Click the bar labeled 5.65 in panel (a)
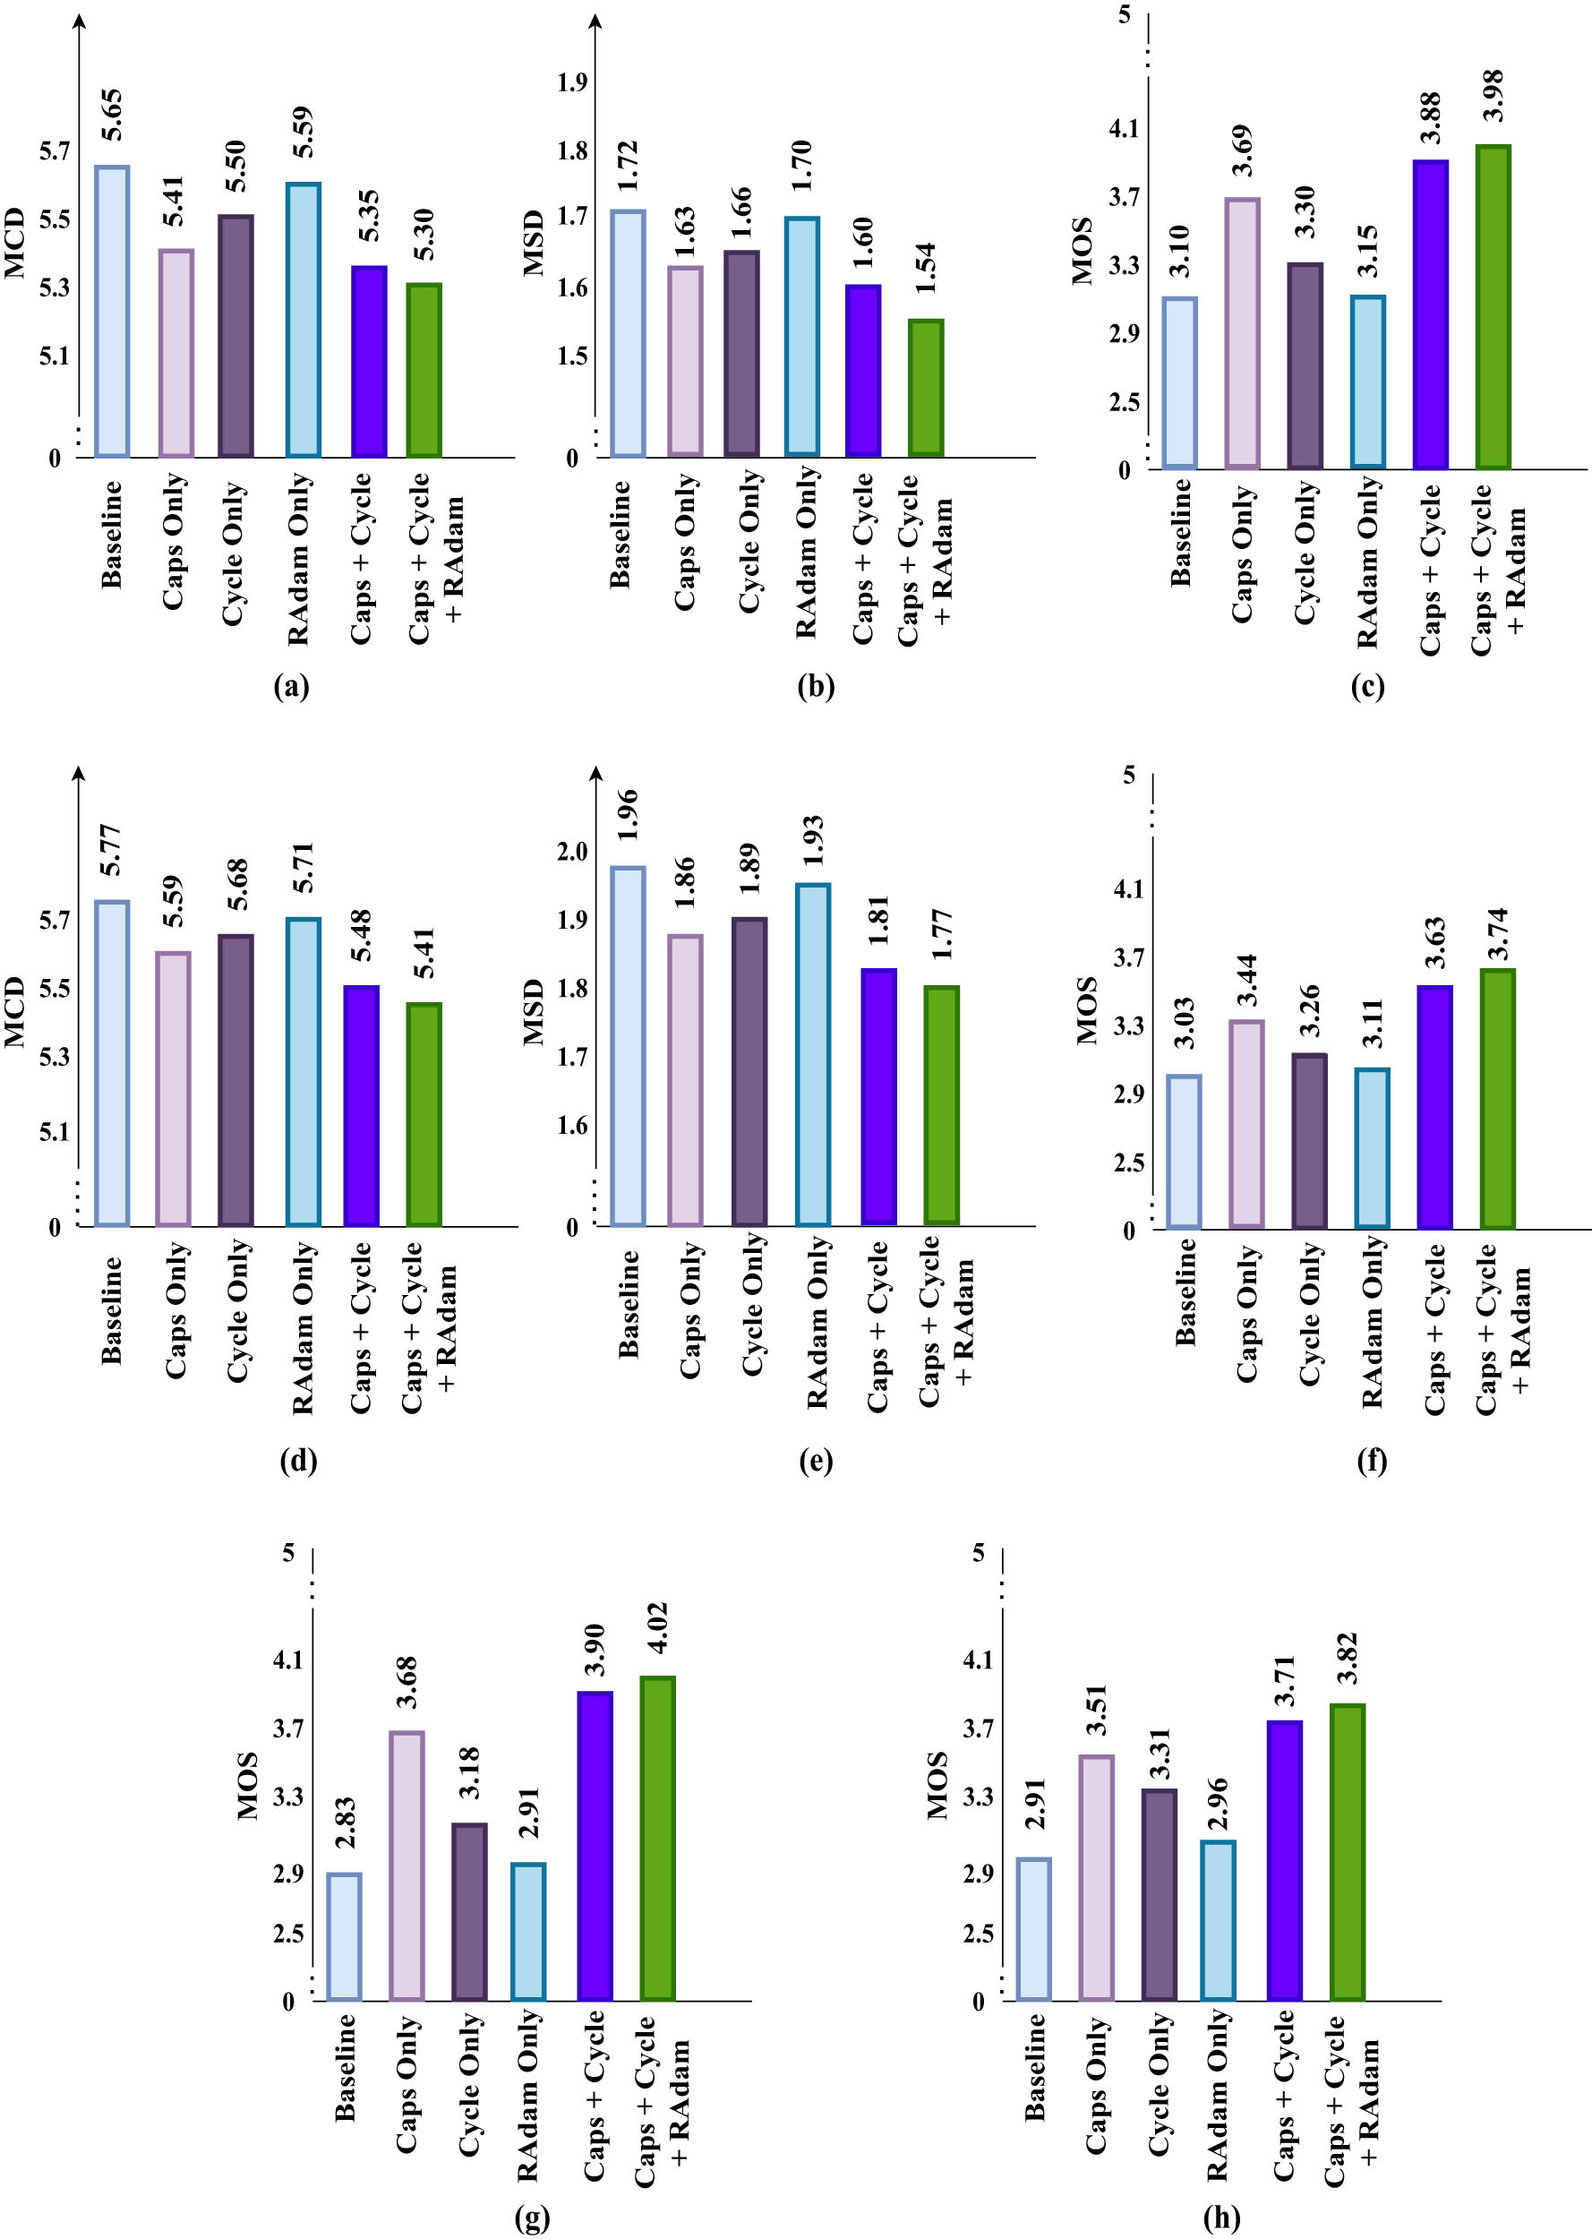[x=112, y=312]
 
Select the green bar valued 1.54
[x=926, y=388]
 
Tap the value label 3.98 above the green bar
[x=1492, y=96]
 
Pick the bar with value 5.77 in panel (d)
[x=112, y=1063]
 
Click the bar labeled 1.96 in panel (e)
[x=628, y=1046]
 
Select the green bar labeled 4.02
[x=657, y=1838]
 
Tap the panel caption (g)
[x=532, y=2217]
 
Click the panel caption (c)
[x=1366, y=686]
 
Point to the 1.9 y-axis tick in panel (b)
[x=572, y=82]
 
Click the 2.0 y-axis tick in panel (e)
[x=572, y=851]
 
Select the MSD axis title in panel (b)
[x=534, y=242]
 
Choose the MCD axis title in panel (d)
[x=13, y=1012]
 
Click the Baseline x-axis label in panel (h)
[x=1035, y=2066]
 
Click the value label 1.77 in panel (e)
[x=941, y=934]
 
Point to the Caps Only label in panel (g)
[x=407, y=2083]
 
